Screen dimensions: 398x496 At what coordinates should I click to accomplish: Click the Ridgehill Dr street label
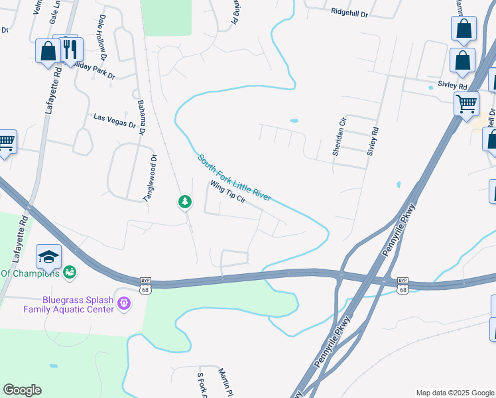click(349, 12)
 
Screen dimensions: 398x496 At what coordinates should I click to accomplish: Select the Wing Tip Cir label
click(228, 192)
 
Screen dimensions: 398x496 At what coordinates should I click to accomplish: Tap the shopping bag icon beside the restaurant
click(48, 51)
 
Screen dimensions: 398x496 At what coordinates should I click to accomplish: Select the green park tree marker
click(186, 202)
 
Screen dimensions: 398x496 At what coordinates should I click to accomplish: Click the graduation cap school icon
click(49, 255)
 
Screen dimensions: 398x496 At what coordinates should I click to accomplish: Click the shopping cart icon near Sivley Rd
click(466, 103)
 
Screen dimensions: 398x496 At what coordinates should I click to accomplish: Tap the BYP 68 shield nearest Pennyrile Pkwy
click(403, 285)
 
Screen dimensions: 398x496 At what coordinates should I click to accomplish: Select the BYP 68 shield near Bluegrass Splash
click(146, 285)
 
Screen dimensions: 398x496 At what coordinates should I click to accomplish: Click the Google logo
click(22, 390)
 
